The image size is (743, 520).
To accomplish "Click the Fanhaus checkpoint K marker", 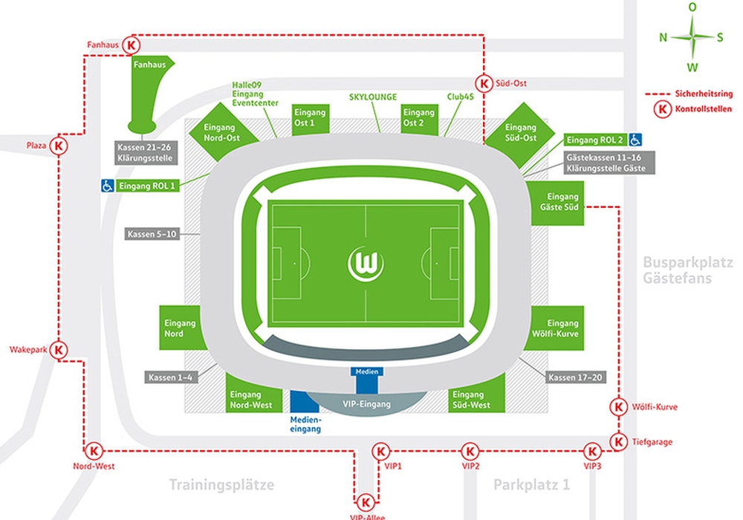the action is (132, 45).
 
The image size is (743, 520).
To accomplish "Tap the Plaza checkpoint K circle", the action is (59, 146).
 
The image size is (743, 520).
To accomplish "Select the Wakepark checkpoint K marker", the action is (59, 350).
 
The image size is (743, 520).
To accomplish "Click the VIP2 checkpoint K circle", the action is (470, 452).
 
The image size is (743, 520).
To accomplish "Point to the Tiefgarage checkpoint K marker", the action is (618, 442).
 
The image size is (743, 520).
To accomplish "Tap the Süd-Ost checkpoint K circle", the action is (484, 83).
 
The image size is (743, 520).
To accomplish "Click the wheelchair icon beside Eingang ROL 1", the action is (108, 186).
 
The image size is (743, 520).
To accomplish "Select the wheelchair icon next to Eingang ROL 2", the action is (635, 140).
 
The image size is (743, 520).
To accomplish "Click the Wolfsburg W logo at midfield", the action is (366, 263).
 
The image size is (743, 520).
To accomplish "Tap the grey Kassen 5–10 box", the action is (152, 233).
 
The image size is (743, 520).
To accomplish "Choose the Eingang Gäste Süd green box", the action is (557, 203).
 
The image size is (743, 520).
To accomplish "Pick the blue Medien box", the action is (367, 380).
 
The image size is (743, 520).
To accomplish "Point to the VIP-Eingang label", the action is (367, 404).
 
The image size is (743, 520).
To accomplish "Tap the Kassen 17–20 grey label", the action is (575, 377).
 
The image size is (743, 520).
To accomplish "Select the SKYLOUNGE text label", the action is (373, 97).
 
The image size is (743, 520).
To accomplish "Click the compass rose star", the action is (692, 36).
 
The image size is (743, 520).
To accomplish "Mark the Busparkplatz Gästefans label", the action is (687, 270).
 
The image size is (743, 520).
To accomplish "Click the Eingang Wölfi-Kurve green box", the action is (557, 328).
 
